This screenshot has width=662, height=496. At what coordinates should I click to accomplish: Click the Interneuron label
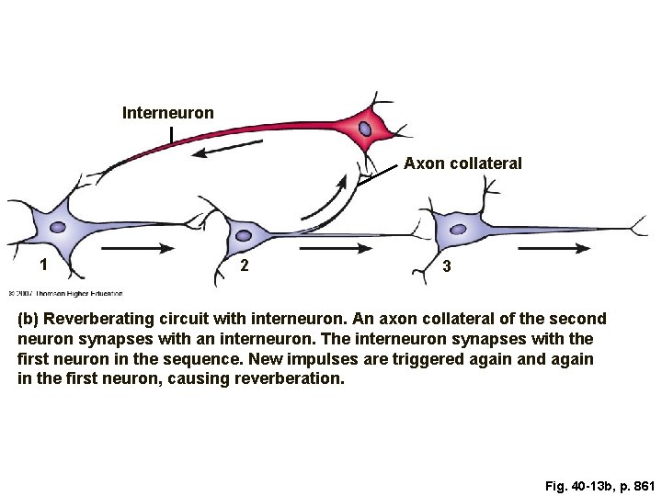(168, 113)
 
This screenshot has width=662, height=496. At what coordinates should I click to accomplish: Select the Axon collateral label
(462, 163)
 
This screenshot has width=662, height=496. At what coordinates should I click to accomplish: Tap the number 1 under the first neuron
(42, 265)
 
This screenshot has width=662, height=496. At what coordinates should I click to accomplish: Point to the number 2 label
(243, 266)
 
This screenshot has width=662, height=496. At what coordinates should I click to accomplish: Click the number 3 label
(446, 266)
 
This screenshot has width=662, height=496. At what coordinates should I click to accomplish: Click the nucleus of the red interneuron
(366, 129)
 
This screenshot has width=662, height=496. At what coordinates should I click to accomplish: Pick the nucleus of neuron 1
(58, 227)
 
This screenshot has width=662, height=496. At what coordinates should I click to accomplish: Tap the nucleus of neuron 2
(244, 235)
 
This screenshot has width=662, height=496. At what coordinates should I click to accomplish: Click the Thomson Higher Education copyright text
(65, 294)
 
